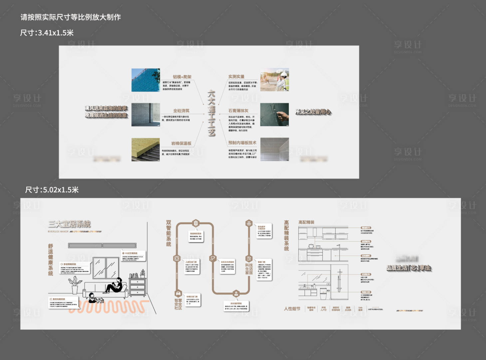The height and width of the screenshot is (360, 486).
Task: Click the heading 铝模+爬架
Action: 182,77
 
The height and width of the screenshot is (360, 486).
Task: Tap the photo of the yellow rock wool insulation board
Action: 145,149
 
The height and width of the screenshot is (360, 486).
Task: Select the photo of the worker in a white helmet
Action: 275,80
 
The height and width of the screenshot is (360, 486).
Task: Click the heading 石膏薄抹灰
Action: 238,111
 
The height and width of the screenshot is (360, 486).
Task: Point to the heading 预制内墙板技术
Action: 242,143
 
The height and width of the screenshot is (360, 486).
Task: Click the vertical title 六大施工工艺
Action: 211,113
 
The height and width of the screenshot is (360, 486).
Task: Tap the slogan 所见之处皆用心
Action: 313,112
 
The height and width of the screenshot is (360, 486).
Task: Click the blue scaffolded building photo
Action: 145,80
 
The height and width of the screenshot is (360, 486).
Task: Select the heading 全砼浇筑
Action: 181,111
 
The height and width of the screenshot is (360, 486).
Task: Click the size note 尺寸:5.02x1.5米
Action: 52,190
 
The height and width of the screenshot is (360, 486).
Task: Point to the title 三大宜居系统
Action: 70,224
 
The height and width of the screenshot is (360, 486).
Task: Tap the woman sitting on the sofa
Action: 115,285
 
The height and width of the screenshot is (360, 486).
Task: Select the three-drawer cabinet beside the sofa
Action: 137,287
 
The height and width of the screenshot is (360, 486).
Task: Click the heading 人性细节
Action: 292,309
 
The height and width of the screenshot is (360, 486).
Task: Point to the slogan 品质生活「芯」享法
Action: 408,268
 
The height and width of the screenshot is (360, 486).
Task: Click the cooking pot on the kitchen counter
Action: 311,246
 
